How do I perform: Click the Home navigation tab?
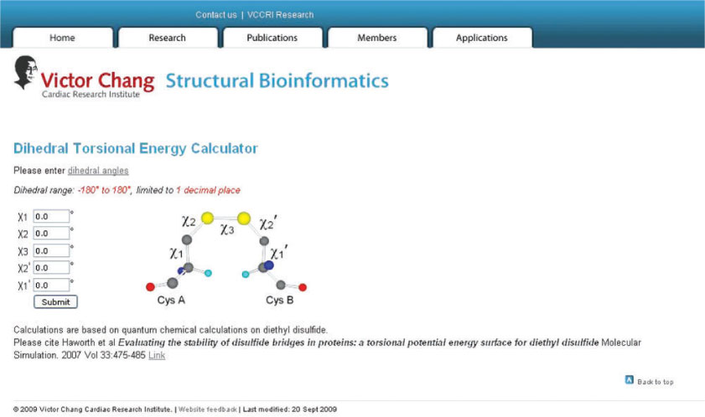click(x=63, y=38)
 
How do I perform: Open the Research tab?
click(x=168, y=38)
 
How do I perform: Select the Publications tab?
click(x=272, y=38)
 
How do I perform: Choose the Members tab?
click(x=377, y=38)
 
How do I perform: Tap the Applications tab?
click(x=482, y=38)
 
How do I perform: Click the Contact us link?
click(x=215, y=15)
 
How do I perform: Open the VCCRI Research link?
click(x=281, y=15)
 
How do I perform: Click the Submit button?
click(x=56, y=302)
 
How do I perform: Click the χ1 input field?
click(x=51, y=216)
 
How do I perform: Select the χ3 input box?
click(x=51, y=250)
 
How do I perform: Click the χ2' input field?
click(x=51, y=268)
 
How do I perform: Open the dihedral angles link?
click(x=98, y=171)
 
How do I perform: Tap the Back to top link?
click(x=649, y=381)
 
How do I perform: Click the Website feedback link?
click(x=208, y=409)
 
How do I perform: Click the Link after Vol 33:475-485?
click(x=157, y=355)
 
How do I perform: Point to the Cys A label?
click(x=171, y=300)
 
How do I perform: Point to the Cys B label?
click(x=280, y=300)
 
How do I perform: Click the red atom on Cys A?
click(x=151, y=286)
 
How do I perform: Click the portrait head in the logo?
click(x=25, y=72)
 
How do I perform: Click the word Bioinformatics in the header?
click(x=324, y=81)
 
